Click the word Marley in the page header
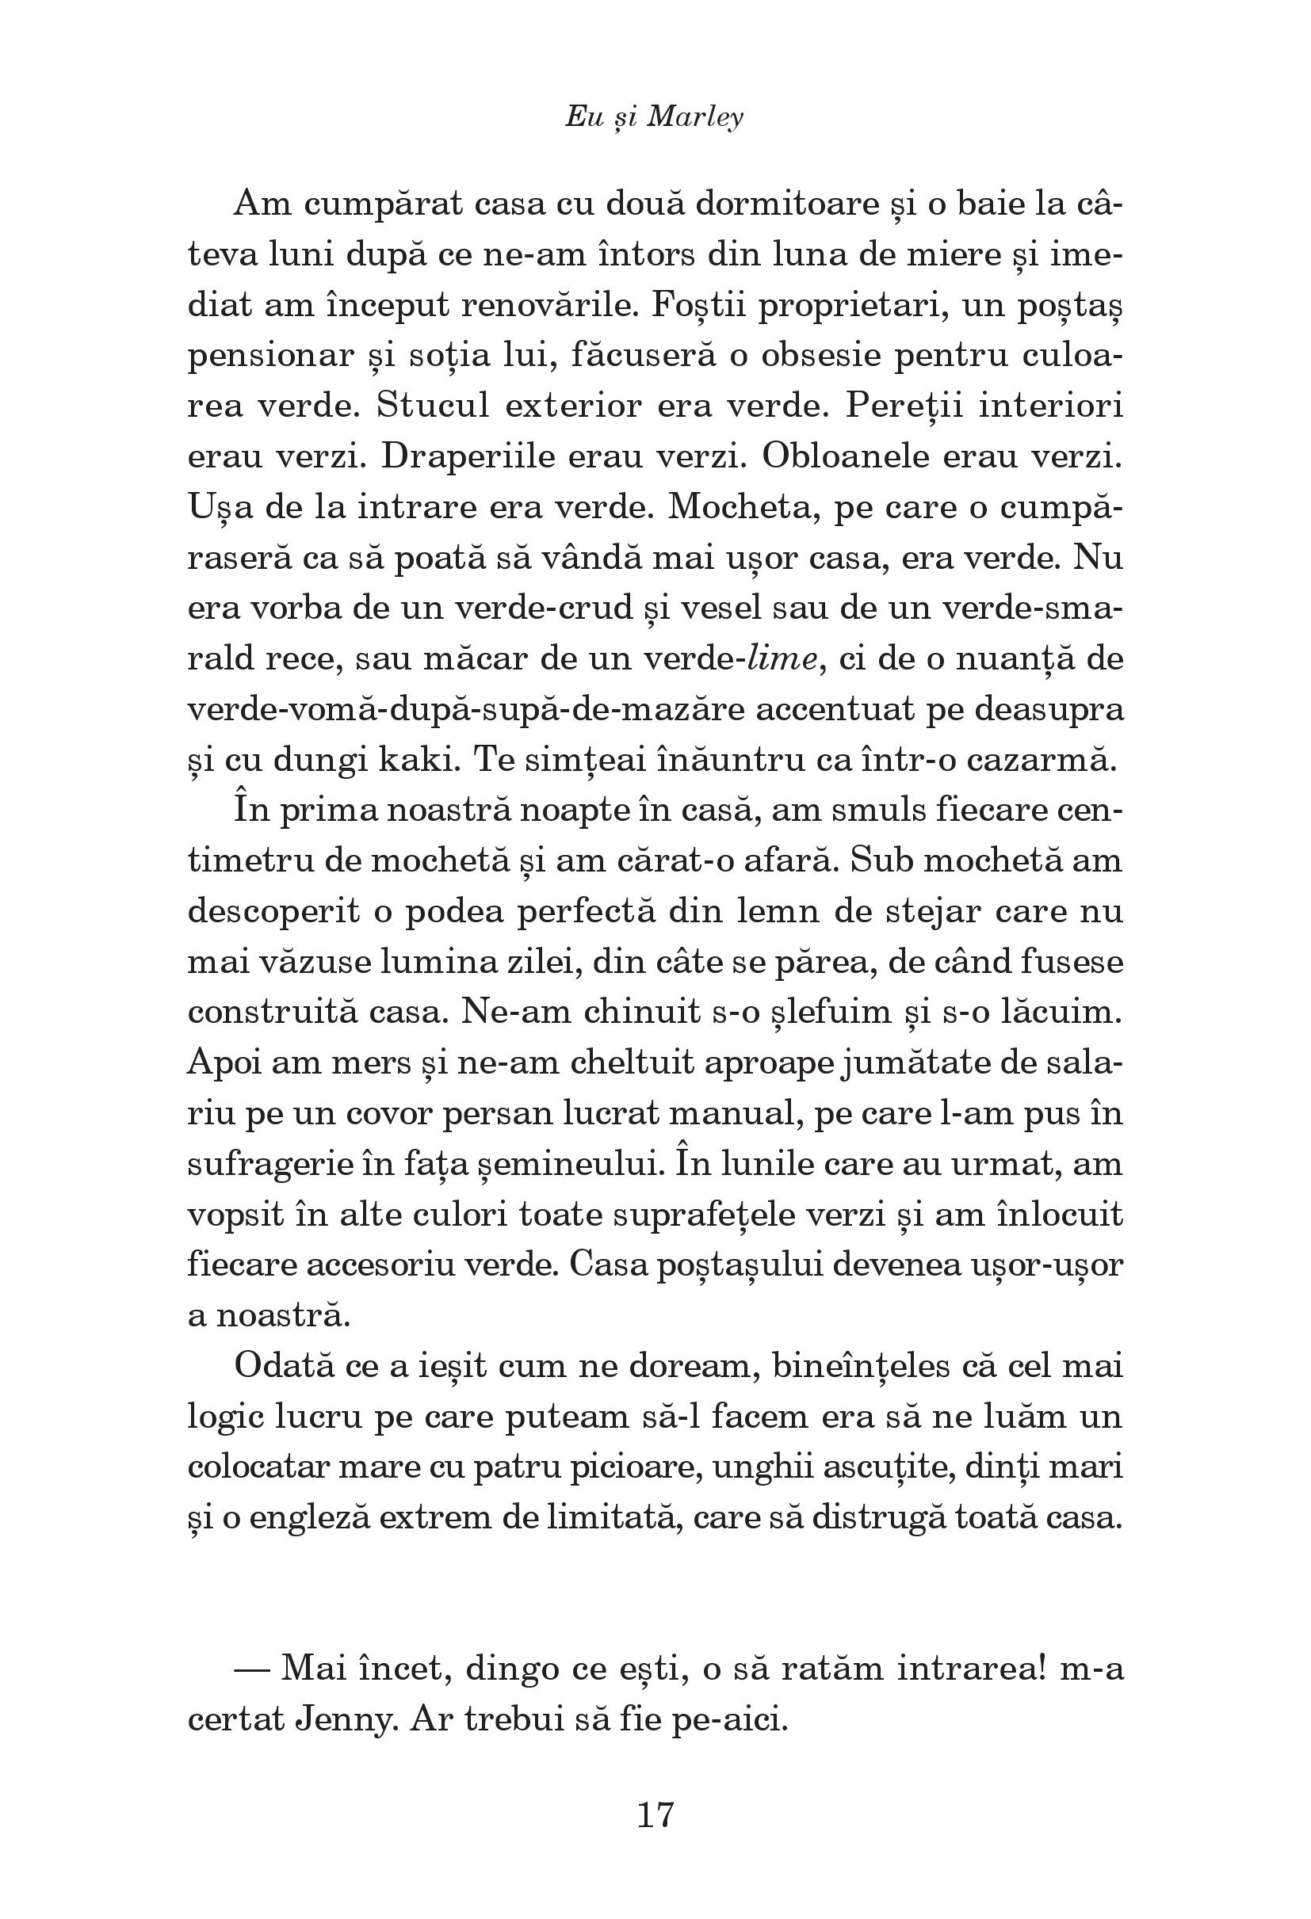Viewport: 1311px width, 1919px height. tap(695, 118)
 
